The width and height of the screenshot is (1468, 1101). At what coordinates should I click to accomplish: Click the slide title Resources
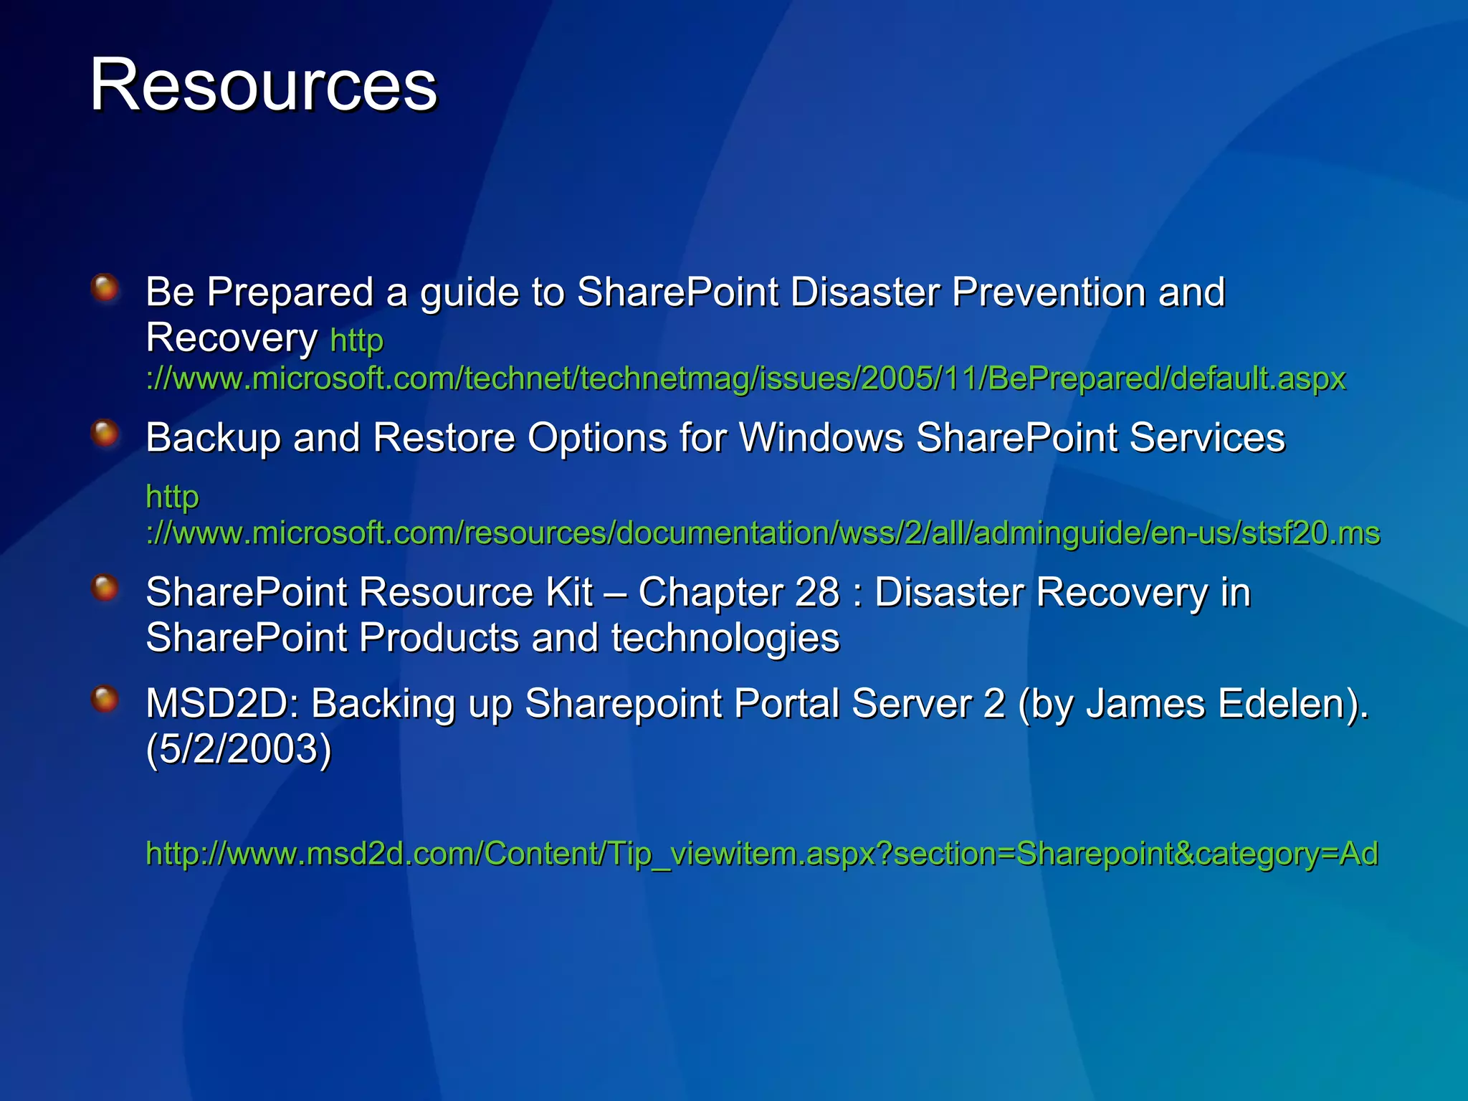click(263, 85)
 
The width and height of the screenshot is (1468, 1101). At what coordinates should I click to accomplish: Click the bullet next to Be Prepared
click(105, 289)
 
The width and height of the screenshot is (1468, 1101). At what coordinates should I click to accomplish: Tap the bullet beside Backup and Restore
click(105, 434)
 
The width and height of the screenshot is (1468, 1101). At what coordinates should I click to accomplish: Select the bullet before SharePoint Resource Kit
click(105, 588)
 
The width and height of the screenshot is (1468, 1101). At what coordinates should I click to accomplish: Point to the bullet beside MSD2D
click(105, 700)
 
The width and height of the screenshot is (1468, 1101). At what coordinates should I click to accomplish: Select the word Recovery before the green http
click(231, 338)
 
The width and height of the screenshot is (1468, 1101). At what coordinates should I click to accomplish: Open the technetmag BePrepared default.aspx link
click(745, 378)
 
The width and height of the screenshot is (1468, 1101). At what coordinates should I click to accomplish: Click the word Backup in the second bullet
click(212, 437)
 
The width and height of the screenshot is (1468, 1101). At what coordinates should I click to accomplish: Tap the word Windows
click(821, 437)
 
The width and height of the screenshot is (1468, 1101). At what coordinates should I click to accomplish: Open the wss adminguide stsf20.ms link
click(763, 533)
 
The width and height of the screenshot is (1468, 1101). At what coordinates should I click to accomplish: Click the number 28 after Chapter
click(816, 593)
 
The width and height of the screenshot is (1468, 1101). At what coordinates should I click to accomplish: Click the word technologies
click(725, 638)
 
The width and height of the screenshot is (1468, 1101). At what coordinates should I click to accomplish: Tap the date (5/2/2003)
click(239, 749)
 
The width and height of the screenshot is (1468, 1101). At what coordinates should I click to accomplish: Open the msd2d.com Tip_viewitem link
click(761, 853)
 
